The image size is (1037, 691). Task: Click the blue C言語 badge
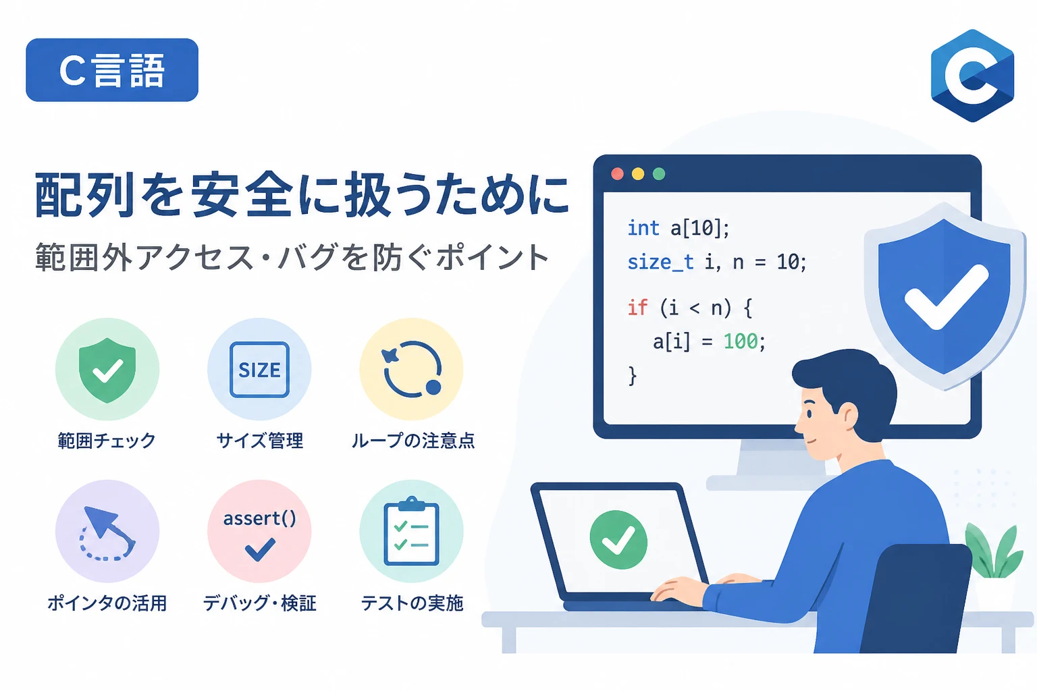pos(112,70)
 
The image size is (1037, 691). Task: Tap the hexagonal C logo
pos(972,76)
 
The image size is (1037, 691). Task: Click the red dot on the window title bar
pos(617,174)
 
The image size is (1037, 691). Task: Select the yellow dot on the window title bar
pos(638,174)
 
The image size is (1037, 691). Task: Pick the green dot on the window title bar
pos(659,174)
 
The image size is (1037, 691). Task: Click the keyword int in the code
pos(643,228)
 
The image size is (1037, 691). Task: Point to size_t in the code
pos(660,262)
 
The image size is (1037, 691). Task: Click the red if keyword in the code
pos(637,307)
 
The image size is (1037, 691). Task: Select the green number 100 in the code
pos(740,341)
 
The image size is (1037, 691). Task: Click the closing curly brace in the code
pos(633,375)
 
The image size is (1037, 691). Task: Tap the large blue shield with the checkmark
pos(944,296)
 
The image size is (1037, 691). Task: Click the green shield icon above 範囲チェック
pos(107,370)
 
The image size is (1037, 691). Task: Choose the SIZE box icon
pos(259,370)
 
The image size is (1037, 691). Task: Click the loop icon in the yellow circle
pos(412,369)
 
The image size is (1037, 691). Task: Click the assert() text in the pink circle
pos(259,518)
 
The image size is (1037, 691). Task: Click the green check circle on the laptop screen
pos(618,540)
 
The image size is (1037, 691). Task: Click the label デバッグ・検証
pos(259,603)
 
